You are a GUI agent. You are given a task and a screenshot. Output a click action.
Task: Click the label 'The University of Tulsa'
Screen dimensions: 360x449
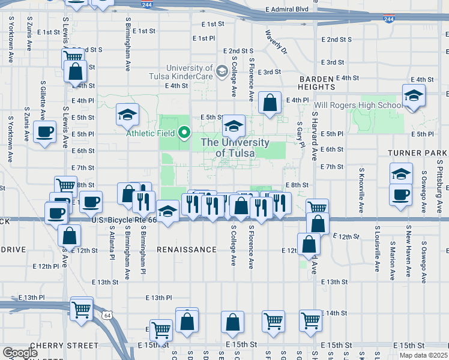coord(234,148)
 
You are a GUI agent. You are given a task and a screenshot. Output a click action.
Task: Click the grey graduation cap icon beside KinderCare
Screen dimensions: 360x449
coord(221,72)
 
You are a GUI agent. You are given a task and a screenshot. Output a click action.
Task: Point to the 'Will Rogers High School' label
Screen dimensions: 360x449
coord(359,106)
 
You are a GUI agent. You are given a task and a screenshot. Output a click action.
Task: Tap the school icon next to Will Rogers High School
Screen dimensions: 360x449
coord(414,96)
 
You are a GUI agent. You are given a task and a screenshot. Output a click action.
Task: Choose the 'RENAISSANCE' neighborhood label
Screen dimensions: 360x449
coord(187,249)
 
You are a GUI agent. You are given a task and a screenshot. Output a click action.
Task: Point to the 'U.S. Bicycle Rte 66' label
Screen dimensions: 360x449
coord(124,221)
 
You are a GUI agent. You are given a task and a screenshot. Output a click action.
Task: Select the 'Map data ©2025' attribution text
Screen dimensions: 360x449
coord(424,355)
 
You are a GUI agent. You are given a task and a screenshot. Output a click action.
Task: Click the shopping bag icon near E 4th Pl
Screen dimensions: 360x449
coord(270,103)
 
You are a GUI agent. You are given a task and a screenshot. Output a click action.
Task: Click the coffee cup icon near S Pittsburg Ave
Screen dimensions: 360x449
coord(400,195)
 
